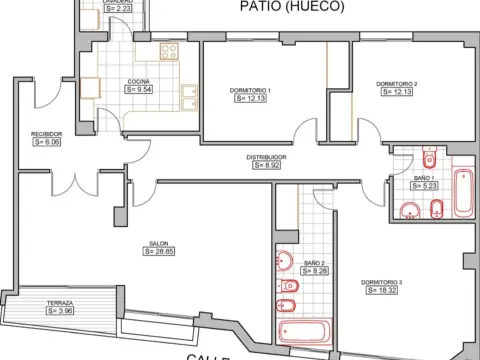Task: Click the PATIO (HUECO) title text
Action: coord(291,8)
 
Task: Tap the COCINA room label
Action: coord(140,80)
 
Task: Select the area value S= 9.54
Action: coord(140,89)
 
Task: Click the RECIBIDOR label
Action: coord(47,133)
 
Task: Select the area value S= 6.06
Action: coord(47,142)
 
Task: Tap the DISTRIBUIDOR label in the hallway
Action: coord(268,157)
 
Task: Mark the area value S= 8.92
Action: coord(268,166)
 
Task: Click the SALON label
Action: coord(159,243)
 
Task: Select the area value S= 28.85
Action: coord(159,252)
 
